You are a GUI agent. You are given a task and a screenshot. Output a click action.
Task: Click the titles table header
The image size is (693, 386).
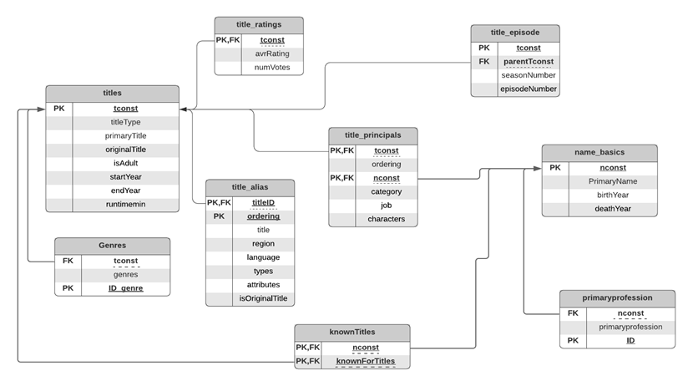click(112, 93)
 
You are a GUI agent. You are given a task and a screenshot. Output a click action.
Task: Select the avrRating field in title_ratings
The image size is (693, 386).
click(272, 53)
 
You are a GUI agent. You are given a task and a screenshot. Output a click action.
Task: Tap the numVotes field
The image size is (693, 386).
click(272, 68)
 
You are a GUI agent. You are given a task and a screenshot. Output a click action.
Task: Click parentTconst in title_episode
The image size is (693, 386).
click(528, 62)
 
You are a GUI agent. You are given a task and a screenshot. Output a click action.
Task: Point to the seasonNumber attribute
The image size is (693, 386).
click(528, 75)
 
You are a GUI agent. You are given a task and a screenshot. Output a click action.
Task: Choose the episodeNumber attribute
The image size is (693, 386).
click(528, 89)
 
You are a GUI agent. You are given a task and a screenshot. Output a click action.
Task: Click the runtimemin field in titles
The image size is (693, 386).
click(125, 204)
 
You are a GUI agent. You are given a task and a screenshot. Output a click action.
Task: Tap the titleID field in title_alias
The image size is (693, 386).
click(263, 202)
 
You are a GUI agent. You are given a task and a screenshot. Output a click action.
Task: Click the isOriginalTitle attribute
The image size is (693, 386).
click(263, 298)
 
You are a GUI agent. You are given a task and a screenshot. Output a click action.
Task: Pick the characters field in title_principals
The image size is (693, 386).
click(386, 219)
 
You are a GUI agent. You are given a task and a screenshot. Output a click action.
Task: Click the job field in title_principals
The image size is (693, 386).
click(386, 206)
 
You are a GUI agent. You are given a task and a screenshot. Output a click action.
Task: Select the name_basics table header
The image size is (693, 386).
click(599, 153)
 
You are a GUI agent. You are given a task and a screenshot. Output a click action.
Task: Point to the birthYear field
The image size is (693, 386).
click(613, 195)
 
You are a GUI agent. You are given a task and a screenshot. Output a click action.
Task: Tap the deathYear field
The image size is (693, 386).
click(613, 209)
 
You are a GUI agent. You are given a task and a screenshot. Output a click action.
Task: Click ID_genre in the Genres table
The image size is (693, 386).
click(126, 288)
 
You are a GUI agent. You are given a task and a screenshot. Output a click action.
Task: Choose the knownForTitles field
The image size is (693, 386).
click(366, 361)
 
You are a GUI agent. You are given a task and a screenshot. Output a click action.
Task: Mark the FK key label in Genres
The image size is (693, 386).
click(68, 261)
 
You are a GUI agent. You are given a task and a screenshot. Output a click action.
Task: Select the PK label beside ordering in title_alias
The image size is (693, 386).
click(219, 216)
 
